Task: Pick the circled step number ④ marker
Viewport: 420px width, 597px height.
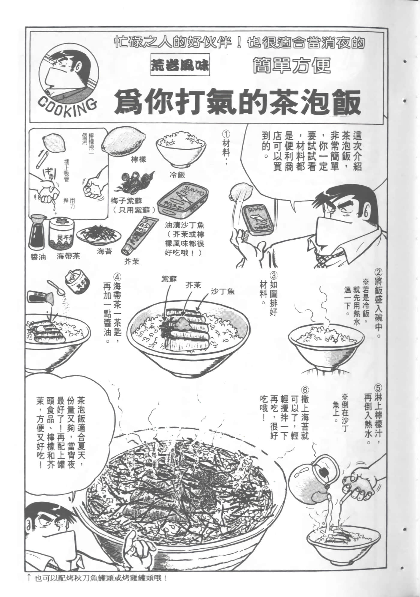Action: [x=117, y=275]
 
